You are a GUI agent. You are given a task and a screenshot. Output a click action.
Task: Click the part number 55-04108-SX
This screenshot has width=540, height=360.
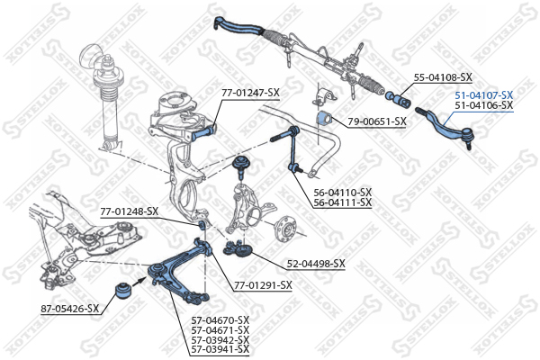[x=443, y=77]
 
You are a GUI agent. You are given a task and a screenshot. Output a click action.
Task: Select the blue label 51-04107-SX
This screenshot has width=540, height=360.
[x=484, y=95]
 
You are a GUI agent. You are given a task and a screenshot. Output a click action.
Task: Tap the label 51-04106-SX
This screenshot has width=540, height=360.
[x=484, y=105]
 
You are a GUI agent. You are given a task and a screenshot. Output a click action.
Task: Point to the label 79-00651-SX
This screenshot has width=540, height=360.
[x=377, y=121]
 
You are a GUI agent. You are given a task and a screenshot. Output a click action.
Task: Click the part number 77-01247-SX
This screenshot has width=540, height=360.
[x=250, y=93]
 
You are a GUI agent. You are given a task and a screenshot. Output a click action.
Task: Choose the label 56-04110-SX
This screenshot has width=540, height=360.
[x=343, y=193]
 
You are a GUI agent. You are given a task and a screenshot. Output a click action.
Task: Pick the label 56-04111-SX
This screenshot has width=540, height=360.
[x=343, y=202]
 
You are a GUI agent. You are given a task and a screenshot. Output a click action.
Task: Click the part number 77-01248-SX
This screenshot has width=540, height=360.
[x=129, y=211]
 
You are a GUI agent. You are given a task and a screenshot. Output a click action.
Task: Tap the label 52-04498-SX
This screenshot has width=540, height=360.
[x=316, y=264]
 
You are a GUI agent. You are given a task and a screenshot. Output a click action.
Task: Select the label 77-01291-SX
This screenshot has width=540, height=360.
[x=263, y=285]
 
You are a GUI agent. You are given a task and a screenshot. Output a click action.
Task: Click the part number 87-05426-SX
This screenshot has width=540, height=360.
[x=70, y=309]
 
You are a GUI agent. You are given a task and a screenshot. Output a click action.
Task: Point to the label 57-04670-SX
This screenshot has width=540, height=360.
[x=220, y=320]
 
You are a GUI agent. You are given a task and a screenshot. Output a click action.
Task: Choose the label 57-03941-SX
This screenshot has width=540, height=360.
[x=220, y=350]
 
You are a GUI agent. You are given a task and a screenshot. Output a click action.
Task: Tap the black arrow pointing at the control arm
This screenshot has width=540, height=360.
[x=139, y=281]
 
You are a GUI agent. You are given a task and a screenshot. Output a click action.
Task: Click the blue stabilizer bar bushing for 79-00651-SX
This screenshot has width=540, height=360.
[x=323, y=119]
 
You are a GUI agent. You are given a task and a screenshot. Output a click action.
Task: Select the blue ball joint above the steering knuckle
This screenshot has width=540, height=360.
[x=241, y=165]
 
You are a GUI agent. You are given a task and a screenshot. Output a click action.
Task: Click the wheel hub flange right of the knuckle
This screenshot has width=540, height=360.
[x=285, y=229]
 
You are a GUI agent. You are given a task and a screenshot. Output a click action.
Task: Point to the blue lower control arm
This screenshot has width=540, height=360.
[x=179, y=272]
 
